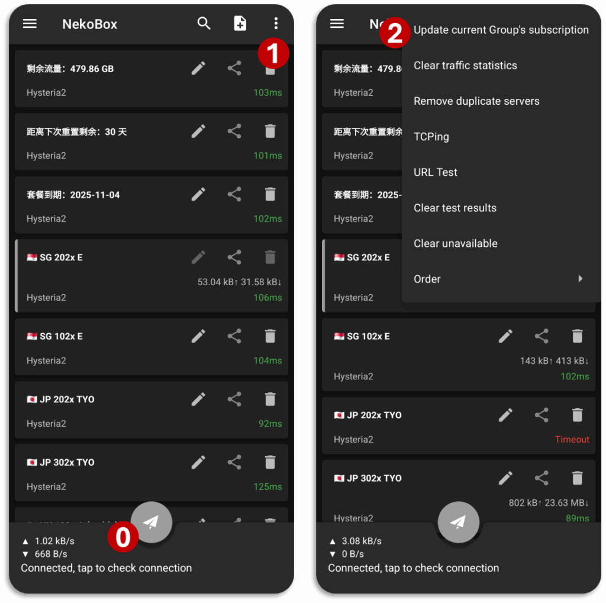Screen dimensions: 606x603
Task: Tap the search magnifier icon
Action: pos(204,24)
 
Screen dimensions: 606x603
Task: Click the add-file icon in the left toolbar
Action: pos(240,23)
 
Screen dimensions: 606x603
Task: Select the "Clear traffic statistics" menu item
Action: pos(465,65)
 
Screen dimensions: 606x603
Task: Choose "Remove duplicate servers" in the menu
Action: pos(476,101)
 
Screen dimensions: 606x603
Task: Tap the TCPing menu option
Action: pos(431,137)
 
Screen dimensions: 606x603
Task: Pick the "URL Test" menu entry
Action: pos(435,172)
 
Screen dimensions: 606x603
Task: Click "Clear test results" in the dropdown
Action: pos(455,208)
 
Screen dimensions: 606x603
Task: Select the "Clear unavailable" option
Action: pos(455,243)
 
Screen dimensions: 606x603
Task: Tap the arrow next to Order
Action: pos(580,279)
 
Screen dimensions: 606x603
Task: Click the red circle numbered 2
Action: pos(395,33)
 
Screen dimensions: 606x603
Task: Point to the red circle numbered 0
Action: pos(123,537)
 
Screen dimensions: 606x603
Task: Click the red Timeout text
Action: pos(572,440)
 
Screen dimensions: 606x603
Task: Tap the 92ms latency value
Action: pos(270,424)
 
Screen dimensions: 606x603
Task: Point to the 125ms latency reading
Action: pos(267,486)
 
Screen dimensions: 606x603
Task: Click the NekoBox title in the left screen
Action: pos(90,24)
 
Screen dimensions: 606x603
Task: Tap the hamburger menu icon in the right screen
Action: pos(337,24)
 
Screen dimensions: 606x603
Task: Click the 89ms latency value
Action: pos(578,518)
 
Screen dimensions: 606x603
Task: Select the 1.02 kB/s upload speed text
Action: pos(54,541)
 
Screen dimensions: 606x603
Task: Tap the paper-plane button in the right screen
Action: pos(459,522)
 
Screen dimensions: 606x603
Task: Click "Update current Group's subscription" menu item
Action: pos(501,30)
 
